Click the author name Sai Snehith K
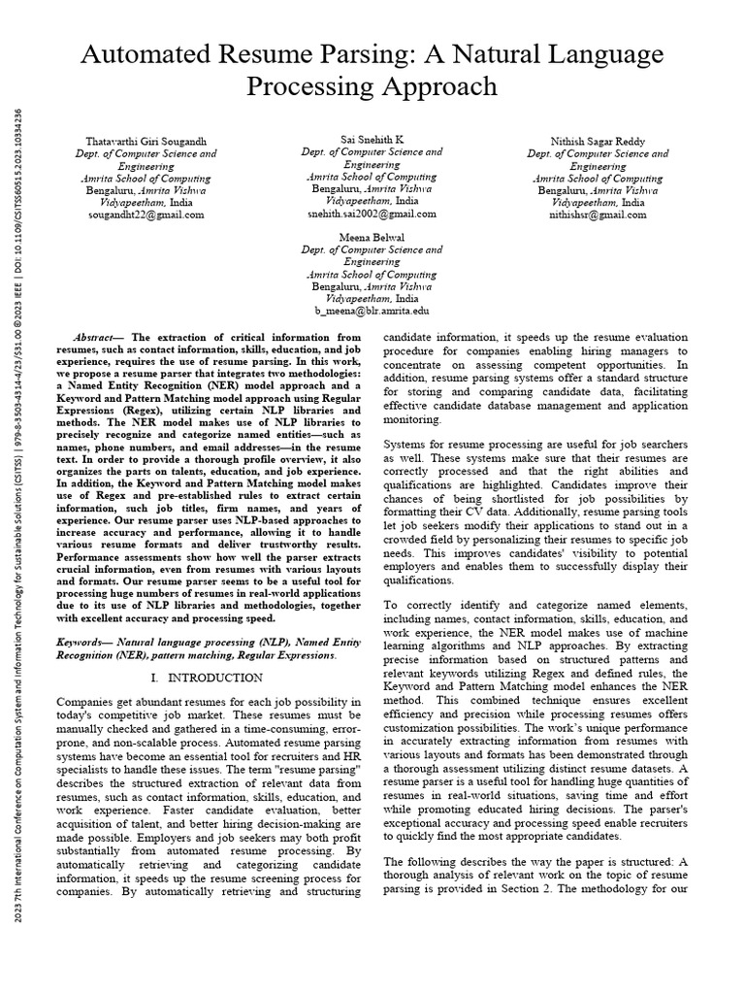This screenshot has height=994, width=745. pos(372,140)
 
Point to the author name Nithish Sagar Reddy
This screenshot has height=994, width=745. pos(598,141)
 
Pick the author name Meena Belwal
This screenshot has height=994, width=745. pos(372,237)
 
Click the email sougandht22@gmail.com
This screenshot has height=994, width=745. pos(146,215)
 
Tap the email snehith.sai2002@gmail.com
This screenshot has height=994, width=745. pos(372,214)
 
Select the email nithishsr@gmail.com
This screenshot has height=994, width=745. pos(598,215)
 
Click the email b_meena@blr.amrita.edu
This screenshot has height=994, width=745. pos(372,311)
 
